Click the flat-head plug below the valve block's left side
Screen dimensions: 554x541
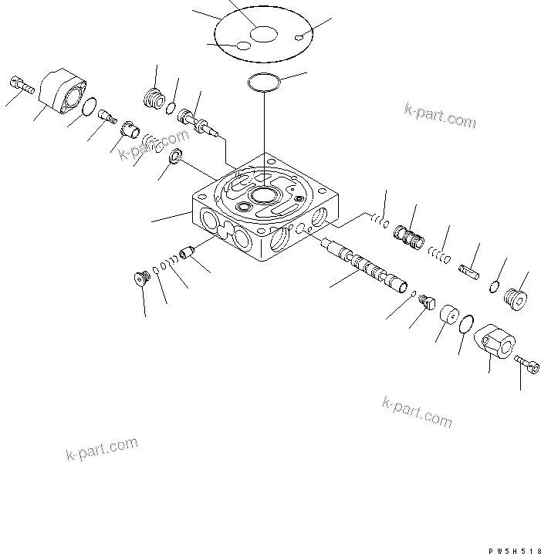coord(141,277)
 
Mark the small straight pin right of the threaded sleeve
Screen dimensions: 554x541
coord(472,271)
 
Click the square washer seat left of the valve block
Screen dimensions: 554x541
coord(177,158)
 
